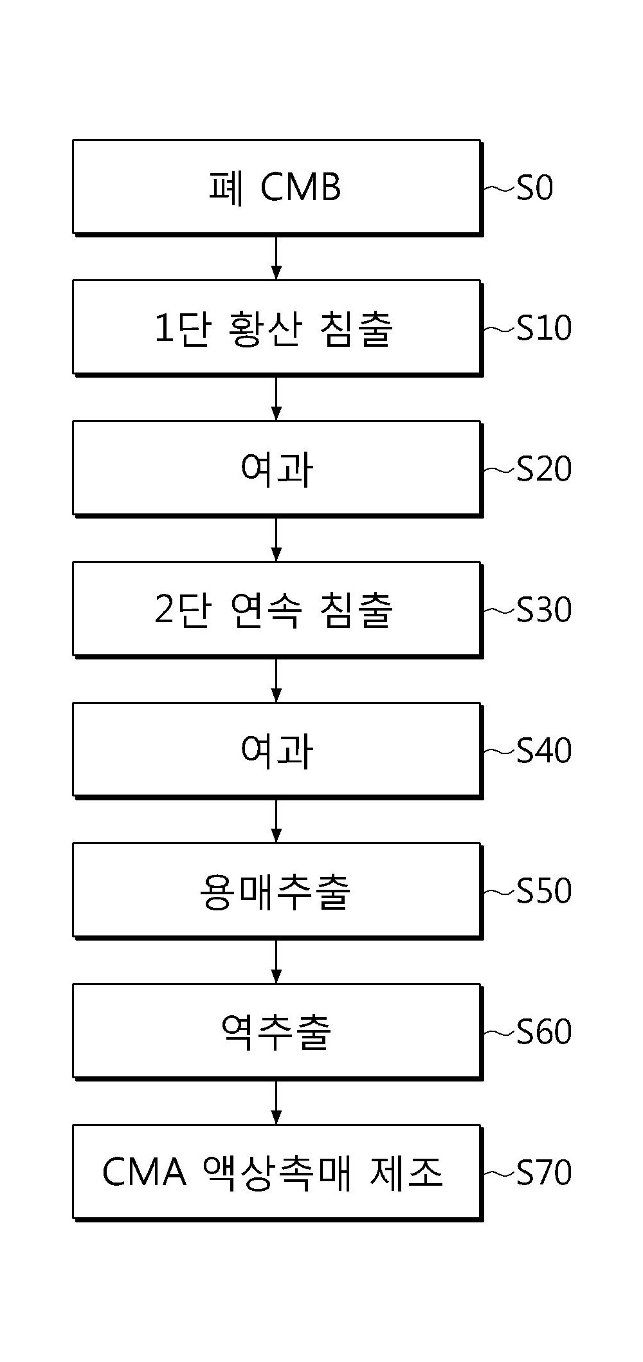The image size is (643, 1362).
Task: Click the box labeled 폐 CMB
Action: pyautogui.click(x=277, y=187)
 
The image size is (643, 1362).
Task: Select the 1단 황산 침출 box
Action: pyautogui.click(x=277, y=328)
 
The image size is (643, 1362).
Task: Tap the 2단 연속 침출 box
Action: pyautogui.click(x=277, y=610)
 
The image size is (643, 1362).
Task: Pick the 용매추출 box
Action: pyautogui.click(x=277, y=891)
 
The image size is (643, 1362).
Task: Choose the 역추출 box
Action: pyautogui.click(x=277, y=1032)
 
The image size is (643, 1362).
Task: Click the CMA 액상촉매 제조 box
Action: pyautogui.click(x=277, y=1173)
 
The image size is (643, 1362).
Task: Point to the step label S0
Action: pyautogui.click(x=535, y=189)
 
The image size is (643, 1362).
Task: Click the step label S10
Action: pyautogui.click(x=544, y=329)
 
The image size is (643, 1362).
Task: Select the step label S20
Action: pyautogui.click(x=544, y=470)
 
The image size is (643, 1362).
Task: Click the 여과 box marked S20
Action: pyautogui.click(x=277, y=469)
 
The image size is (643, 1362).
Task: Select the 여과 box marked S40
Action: pyautogui.click(x=277, y=750)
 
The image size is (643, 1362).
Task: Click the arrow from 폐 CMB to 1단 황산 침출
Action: pyautogui.click(x=276, y=257)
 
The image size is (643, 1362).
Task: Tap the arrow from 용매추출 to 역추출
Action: pyautogui.click(x=276, y=961)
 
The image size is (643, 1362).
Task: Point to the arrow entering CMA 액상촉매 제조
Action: pyautogui.click(x=276, y=1102)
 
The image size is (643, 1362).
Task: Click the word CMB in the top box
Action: pyautogui.click(x=301, y=189)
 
